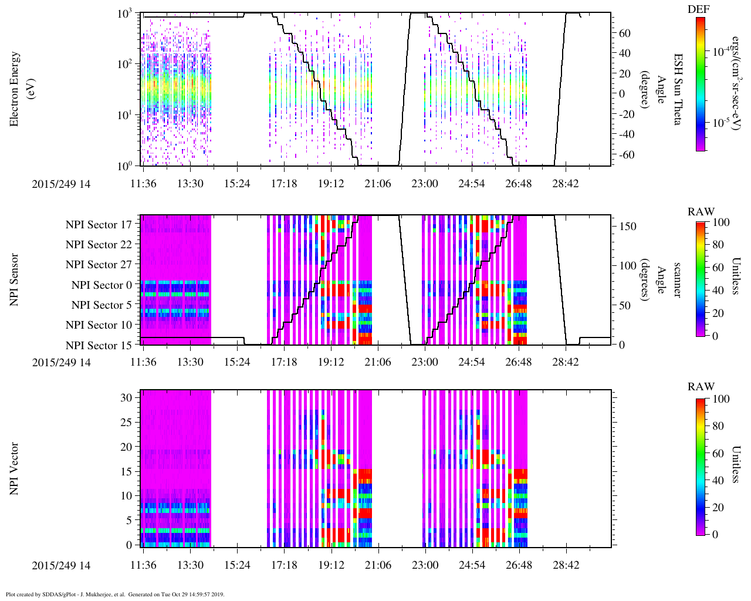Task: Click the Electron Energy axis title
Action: pos(15,89)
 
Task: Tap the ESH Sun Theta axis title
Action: pos(678,89)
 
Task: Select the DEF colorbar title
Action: pos(699,9)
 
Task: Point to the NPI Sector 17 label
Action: pos(99,224)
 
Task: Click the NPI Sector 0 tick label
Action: pos(102,285)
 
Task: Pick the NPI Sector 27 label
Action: pos(99,265)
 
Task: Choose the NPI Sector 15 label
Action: pos(99,345)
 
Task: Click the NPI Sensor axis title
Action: pos(15,280)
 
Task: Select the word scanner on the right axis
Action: pos(677,280)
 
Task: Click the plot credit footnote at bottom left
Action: pos(115,594)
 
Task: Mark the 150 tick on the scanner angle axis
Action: pos(628,226)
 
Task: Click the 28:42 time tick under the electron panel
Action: pos(565,184)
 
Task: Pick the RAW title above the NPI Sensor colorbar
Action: pos(701,211)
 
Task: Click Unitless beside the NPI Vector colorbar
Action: pos(735,464)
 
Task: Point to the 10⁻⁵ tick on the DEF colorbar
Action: pos(721,123)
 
